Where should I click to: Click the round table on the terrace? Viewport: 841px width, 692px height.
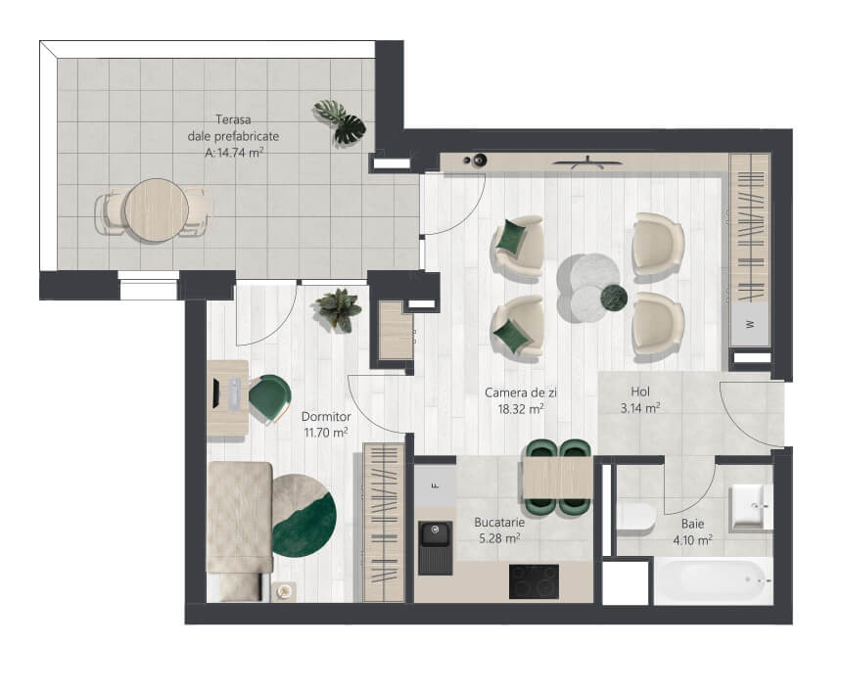point(157,210)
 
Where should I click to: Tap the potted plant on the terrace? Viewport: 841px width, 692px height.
point(340,122)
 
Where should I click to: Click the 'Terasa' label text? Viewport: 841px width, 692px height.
point(233,119)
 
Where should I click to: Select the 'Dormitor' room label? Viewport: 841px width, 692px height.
point(326,417)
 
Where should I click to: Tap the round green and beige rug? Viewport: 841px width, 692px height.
point(304,516)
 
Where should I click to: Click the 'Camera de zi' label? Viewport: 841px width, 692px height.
point(521,392)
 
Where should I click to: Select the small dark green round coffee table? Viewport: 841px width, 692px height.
point(614,297)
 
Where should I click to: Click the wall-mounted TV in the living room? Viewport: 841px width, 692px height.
point(587,161)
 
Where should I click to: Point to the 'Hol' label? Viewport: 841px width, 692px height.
point(640,392)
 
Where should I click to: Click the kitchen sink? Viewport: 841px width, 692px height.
point(435,547)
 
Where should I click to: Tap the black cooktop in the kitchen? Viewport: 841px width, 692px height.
point(534,581)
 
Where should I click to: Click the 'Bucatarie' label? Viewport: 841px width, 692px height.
point(499,522)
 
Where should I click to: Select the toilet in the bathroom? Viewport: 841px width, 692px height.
point(635,519)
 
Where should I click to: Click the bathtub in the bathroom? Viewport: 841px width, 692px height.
point(714,581)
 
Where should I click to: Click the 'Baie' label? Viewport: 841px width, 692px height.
point(692,524)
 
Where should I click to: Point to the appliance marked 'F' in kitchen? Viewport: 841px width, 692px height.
point(435,485)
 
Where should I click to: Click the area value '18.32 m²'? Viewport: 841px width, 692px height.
point(521,409)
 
